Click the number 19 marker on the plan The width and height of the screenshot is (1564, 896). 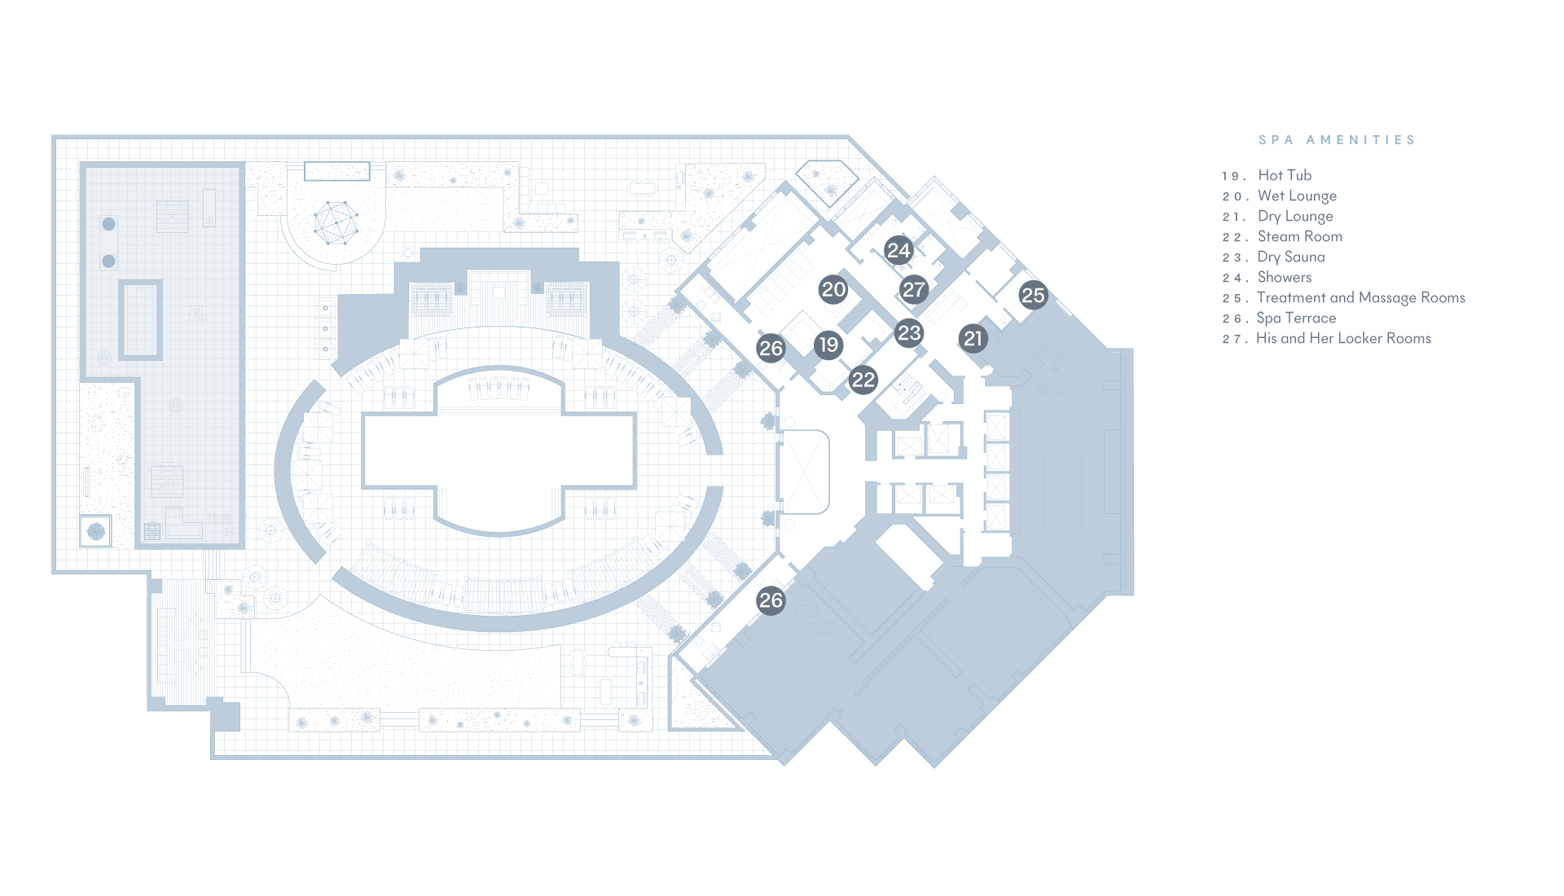pos(828,345)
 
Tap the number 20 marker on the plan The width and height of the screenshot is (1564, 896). pos(833,289)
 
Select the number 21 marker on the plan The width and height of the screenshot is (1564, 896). pos(973,338)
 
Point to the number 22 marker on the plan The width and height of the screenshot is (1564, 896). pos(863,379)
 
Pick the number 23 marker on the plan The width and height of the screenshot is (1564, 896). pos(909,332)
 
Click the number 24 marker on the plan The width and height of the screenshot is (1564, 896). pos(898,250)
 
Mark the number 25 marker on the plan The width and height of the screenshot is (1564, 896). pos(1033,295)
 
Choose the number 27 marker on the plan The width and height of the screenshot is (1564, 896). pos(914,289)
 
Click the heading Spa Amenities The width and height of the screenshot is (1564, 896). pos(1337,140)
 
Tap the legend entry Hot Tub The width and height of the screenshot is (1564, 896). pos(1285,175)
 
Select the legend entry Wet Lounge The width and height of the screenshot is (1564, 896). pos(1297,195)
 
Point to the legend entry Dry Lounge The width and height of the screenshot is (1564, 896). pos(1295,216)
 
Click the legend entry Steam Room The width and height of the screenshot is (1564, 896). pos(1300,236)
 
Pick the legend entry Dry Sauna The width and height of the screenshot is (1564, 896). pos(1291,257)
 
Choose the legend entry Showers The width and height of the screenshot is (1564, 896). pos(1285,277)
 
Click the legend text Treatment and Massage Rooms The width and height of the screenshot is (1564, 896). pos(1361,297)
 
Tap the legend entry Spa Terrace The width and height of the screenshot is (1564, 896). pos(1296,318)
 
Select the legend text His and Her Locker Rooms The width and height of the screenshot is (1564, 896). pos(1343,338)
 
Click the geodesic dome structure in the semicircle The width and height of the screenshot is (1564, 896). pos(336,222)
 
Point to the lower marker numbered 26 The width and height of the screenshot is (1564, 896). pos(771,600)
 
